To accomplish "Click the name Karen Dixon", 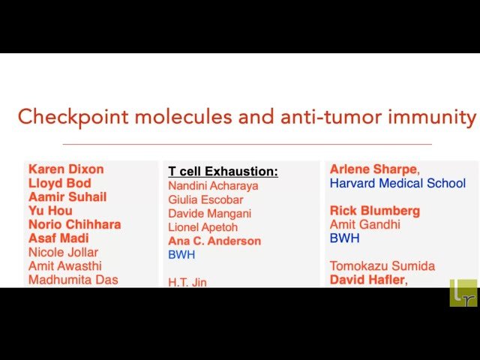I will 66,169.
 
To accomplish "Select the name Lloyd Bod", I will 60,183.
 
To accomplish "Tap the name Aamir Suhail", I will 67,197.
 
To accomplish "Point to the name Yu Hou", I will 50,211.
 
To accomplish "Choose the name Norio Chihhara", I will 74,224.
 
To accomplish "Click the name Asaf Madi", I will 58,238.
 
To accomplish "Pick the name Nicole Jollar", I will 63,252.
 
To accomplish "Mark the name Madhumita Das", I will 73,280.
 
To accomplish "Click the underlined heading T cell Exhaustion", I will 223,172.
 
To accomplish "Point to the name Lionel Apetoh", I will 205,227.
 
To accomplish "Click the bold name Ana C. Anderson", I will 214,241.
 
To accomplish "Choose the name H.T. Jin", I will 187,282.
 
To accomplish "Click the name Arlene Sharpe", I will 374,169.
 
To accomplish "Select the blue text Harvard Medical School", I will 397,183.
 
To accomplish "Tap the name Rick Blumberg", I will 375,211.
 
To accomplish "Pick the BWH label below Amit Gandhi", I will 344,238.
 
